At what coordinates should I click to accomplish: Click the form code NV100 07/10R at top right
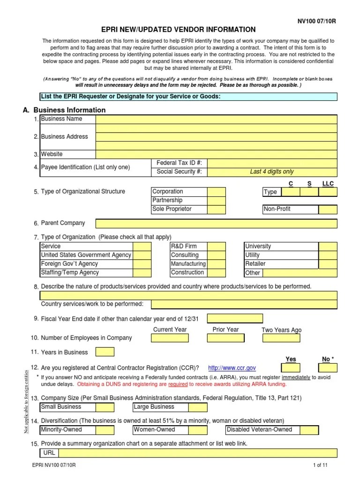coord(317,22)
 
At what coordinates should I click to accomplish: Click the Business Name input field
coord(216,119)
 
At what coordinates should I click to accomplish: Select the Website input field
coord(216,154)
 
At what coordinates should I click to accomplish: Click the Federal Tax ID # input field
coord(272,163)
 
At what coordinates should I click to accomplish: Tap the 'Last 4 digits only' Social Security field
coord(272,172)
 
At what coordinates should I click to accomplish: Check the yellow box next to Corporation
coord(216,192)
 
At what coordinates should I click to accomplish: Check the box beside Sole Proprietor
coord(216,210)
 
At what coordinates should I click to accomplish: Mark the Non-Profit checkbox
coord(328,210)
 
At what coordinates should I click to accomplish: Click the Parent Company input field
coord(216,224)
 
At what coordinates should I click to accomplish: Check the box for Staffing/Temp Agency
coord(142,273)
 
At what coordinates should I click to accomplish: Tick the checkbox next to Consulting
coord(216,255)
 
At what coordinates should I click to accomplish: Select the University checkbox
coord(328,247)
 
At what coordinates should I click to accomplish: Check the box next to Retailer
coord(328,264)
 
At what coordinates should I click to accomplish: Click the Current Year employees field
coord(170,338)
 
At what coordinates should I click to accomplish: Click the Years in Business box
coord(105,352)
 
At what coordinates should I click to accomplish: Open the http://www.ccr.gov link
coord(232,368)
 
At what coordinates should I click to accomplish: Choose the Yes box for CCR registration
coord(291,368)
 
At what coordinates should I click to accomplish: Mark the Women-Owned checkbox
coord(198,430)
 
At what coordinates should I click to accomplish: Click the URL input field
coord(197,453)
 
